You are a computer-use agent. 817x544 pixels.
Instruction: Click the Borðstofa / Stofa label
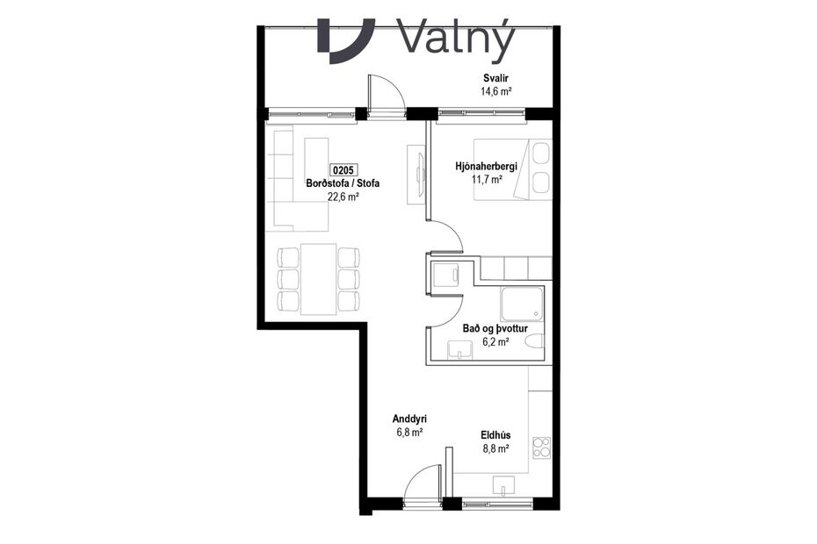(343, 184)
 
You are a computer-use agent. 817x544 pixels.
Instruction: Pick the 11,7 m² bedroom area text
(486, 180)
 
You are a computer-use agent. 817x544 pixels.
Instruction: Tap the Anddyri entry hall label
(410, 419)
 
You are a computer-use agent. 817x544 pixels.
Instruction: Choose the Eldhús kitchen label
(496, 434)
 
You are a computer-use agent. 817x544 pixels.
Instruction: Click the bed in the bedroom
(513, 169)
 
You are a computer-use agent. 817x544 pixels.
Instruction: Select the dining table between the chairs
(318, 279)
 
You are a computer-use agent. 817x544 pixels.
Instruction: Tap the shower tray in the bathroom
(523, 304)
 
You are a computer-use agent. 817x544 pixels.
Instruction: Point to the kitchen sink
(505, 484)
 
